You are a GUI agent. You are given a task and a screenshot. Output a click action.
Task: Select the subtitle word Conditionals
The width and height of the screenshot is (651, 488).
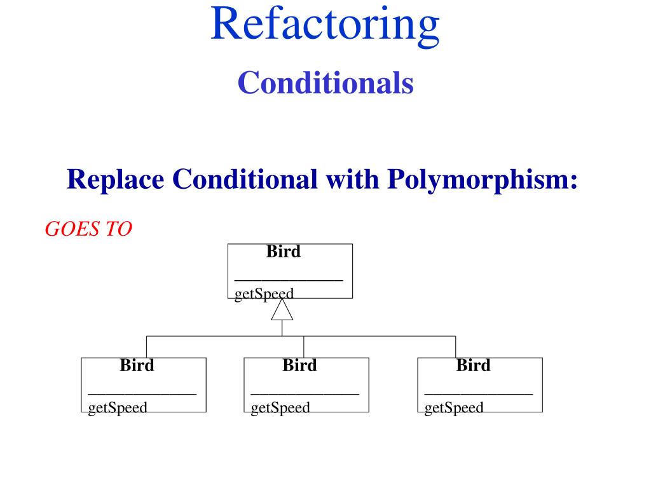325,83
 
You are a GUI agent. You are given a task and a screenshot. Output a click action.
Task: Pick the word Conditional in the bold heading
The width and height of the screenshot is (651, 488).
245,179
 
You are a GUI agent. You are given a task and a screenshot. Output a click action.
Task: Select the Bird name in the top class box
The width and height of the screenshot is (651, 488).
284,252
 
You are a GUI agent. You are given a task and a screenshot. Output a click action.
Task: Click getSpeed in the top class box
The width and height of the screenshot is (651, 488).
264,294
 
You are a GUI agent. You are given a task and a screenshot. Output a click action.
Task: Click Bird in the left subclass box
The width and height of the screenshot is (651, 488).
137,365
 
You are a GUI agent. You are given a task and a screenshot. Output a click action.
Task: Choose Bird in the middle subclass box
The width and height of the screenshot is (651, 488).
299,365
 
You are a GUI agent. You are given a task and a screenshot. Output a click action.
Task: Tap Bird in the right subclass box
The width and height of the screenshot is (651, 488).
473,365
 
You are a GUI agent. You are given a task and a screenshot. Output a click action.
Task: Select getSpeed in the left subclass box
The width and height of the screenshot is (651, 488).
118,407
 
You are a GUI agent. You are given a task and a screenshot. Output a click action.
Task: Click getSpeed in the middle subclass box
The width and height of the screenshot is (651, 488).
280,407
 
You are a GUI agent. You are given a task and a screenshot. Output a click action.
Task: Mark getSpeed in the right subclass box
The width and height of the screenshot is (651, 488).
454,407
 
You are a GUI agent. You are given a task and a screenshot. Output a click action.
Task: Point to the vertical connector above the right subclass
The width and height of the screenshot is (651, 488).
455,347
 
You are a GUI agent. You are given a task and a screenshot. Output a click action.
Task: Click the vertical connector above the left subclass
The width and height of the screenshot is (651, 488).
147,347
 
